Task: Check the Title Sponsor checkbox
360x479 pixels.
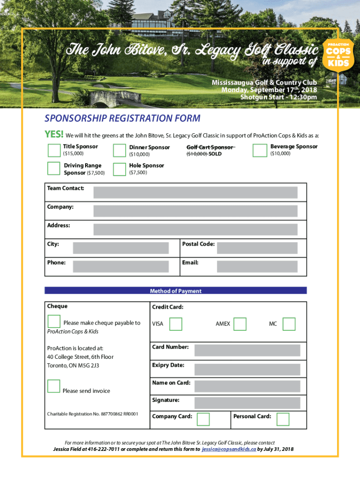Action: pyautogui.click(x=54, y=150)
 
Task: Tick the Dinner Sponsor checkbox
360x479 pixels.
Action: pyautogui.click(x=120, y=150)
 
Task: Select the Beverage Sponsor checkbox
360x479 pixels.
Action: pyautogui.click(x=259, y=150)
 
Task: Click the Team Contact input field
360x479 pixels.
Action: pyautogui.click(x=195, y=192)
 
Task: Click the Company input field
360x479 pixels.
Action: pyautogui.click(x=195, y=211)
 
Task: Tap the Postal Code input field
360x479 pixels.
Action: pyautogui.click(x=257, y=248)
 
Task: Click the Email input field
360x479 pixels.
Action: pyautogui.click(x=257, y=266)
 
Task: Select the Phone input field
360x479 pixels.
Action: pyautogui.click(x=121, y=266)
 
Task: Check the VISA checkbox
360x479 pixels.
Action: pyautogui.click(x=176, y=324)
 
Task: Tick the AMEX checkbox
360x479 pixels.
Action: pyautogui.click(x=240, y=324)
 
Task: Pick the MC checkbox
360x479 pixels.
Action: pyautogui.click(x=289, y=324)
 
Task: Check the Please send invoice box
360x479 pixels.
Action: pyautogui.click(x=54, y=386)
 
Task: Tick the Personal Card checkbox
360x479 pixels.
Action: pyautogui.click(x=283, y=419)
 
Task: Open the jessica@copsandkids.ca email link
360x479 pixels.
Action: pyautogui.click(x=229, y=449)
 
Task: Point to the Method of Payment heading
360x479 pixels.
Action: pyautogui.click(x=176, y=290)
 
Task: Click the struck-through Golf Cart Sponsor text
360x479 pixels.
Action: pyautogui.click(x=210, y=147)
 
